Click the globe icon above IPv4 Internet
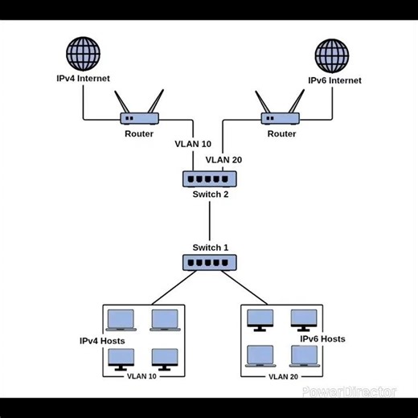click(84, 54)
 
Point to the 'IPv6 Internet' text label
click(334, 80)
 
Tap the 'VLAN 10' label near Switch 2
click(193, 144)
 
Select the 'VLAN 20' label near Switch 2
click(224, 159)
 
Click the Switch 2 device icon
click(209, 178)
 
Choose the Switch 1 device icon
click(209, 261)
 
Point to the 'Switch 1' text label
click(210, 247)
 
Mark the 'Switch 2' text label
click(210, 194)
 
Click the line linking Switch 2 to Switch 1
click(210, 220)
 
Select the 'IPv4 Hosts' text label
click(102, 341)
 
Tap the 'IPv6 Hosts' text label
click(322, 338)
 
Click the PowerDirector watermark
click(349, 391)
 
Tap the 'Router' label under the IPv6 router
click(281, 133)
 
